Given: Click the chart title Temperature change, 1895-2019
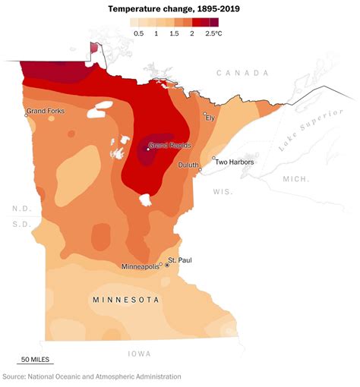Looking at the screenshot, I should (179, 8).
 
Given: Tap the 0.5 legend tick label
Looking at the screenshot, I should (138, 34).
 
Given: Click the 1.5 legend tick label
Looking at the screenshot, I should (174, 34).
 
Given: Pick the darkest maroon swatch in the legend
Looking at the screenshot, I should (213, 23).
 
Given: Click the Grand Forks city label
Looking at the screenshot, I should (46, 111).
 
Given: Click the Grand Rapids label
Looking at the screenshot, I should (169, 145).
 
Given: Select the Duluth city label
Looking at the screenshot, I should (189, 164).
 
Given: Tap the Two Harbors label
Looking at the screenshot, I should (234, 162).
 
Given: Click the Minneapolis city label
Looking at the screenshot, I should (141, 266).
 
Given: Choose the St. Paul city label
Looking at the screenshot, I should (180, 260).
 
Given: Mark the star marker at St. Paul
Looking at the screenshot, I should (167, 265).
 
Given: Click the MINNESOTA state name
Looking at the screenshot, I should (126, 300).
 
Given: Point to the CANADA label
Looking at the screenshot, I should (242, 73).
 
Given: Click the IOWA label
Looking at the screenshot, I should (140, 353).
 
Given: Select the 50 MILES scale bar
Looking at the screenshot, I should (35, 360).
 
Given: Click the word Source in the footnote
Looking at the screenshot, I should (14, 376).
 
